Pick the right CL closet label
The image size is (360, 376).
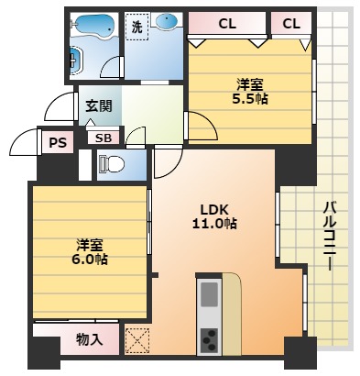pyautogui.click(x=291, y=23)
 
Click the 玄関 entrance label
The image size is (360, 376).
pyautogui.click(x=99, y=105)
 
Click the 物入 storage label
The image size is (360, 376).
pyautogui.click(x=88, y=340)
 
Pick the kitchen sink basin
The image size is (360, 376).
pyautogui.click(x=210, y=294)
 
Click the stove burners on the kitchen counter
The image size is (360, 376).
pyautogui.click(x=210, y=338)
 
